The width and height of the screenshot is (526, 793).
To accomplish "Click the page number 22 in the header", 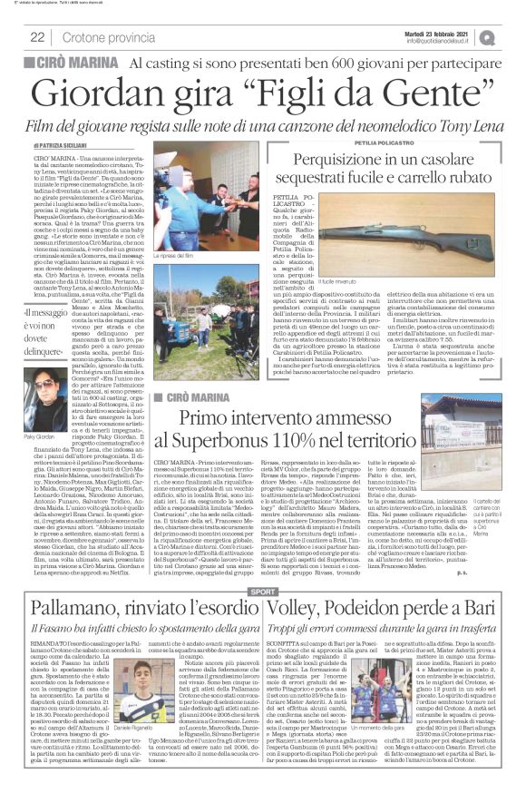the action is click(38, 37).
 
